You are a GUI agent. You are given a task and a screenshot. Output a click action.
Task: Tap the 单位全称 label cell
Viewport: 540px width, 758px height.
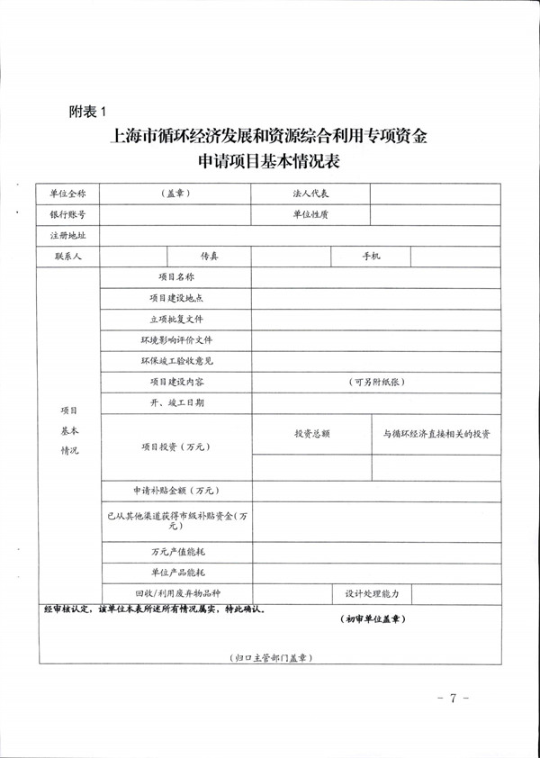67,194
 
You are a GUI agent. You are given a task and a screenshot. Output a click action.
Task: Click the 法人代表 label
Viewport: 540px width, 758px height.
310,194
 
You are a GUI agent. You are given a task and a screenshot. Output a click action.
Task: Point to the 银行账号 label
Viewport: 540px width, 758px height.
67,214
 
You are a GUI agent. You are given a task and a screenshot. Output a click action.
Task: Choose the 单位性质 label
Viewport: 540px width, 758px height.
310,214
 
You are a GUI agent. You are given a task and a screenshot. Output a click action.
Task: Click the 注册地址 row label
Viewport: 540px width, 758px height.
67,236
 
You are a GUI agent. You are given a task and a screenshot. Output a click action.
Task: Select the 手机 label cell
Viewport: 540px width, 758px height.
371,257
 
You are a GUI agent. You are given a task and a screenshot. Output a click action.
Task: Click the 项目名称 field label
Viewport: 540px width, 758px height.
176,278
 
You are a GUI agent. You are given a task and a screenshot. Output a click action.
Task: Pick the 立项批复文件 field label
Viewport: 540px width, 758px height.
176,320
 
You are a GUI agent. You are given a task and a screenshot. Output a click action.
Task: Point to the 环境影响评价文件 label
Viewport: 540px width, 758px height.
176,341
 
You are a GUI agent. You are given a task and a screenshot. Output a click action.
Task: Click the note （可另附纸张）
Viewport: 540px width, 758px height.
376,383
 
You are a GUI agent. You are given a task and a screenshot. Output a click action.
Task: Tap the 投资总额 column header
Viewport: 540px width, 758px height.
311,434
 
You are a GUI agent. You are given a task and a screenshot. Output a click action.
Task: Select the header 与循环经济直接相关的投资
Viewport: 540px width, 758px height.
436,434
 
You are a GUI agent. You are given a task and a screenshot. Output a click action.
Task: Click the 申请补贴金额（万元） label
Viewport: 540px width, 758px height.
176,492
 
